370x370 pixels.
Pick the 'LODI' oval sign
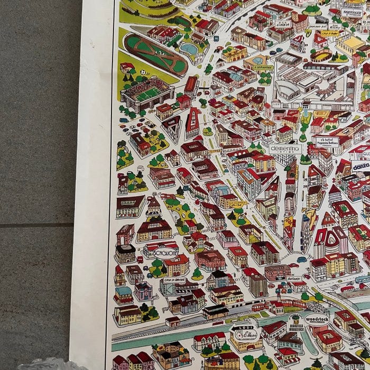[241, 333]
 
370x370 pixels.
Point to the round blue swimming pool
[188, 49]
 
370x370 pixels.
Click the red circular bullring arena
[322, 55]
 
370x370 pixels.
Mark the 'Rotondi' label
[294, 277]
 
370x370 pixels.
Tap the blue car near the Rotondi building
[302, 260]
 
